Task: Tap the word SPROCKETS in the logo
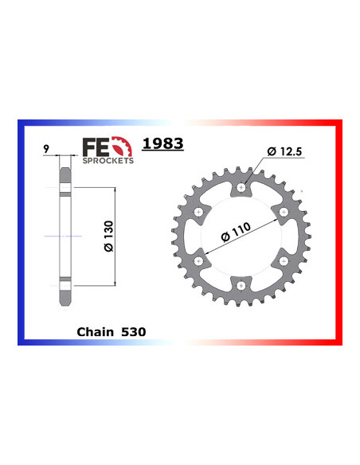tap(108, 159)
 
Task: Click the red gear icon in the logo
tap(119, 147)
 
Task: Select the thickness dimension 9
tap(49, 147)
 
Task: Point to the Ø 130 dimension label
tap(109, 237)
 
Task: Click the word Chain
tap(96, 330)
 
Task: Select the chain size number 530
tap(134, 330)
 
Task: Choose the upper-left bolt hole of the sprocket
tap(198, 213)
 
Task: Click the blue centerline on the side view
tap(64, 237)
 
